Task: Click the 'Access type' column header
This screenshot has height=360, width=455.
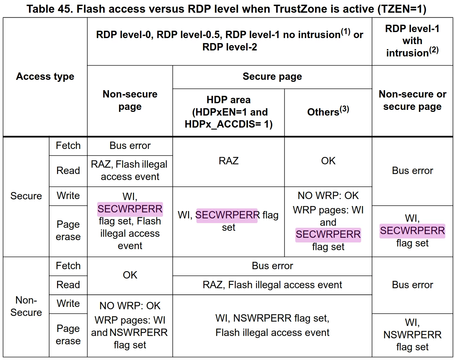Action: [45, 76]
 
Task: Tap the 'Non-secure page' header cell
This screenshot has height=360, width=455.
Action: [130, 100]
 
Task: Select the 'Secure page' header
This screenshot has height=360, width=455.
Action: [272, 76]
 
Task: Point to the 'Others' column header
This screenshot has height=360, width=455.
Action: [328, 111]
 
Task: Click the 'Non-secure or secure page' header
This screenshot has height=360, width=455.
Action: [412, 100]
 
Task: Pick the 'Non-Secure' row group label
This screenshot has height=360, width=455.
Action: [26, 306]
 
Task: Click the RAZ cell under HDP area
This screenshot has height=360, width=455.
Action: [229, 161]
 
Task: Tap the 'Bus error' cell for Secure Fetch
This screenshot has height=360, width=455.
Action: [130, 146]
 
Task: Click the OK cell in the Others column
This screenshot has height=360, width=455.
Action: [328, 161]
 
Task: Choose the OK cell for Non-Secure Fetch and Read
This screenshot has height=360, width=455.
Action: [130, 275]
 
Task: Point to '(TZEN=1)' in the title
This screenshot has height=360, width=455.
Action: [402, 9]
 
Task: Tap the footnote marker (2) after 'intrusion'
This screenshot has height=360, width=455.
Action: [434, 50]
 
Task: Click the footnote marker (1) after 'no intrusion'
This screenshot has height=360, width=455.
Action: [345, 32]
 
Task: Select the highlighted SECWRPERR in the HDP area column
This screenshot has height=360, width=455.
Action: [227, 215]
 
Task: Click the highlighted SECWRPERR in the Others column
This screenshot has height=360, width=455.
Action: [328, 234]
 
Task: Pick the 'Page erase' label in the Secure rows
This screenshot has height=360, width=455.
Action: [68, 230]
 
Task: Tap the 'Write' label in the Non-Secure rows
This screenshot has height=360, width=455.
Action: [68, 304]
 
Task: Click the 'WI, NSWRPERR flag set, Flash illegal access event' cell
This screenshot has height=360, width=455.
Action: [272, 325]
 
